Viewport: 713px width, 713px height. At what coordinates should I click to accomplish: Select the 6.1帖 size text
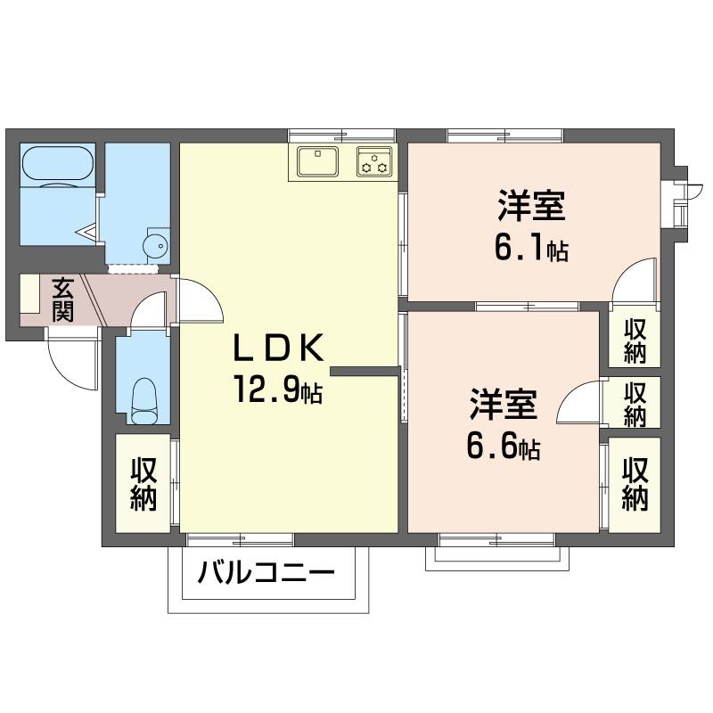[x=531, y=247]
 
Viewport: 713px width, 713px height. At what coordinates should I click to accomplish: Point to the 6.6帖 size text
[x=503, y=445]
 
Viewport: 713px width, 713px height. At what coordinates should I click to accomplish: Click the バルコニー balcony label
[x=266, y=570]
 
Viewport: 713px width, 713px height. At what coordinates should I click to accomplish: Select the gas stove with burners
[x=374, y=162]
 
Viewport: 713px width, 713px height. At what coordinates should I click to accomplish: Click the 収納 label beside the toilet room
[x=143, y=484]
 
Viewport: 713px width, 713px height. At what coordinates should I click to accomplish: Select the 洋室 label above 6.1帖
[x=531, y=208]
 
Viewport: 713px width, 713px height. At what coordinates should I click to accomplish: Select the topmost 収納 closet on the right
[x=635, y=340]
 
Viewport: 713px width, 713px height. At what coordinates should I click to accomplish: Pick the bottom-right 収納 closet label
[x=635, y=484]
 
